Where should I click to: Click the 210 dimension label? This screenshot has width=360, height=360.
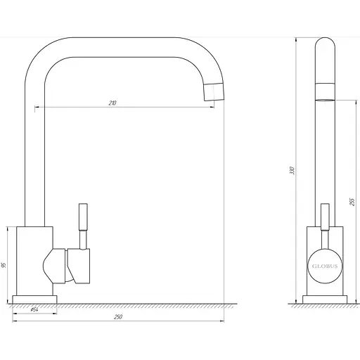112,103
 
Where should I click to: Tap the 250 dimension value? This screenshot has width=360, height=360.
118,317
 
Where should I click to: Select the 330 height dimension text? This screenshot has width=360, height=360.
292,170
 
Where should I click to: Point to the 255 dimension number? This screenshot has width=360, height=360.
352,202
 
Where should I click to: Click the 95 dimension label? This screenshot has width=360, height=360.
4,265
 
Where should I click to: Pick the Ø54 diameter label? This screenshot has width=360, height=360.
34,309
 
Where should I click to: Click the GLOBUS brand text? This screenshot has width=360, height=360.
325,266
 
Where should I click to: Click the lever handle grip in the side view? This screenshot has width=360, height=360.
325,217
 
